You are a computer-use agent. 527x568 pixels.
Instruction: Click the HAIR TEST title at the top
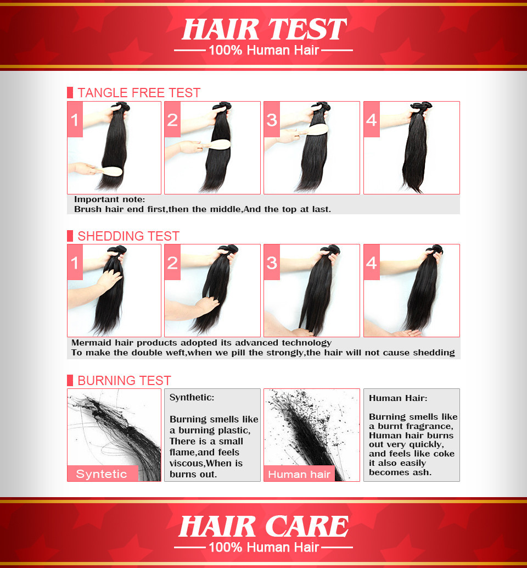pyautogui.click(x=264, y=29)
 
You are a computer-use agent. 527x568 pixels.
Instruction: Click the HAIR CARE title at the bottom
pyautogui.click(x=263, y=526)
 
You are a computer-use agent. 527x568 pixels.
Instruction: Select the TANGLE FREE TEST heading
pyautogui.click(x=139, y=93)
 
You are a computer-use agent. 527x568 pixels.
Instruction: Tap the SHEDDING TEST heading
pyautogui.click(x=128, y=236)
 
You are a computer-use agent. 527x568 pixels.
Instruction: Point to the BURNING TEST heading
pyautogui.click(x=124, y=380)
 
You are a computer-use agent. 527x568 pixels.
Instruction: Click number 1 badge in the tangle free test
pyautogui.click(x=75, y=119)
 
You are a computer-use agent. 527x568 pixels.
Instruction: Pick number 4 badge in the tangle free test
pyautogui.click(x=372, y=119)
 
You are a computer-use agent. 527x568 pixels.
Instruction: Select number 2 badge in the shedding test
pyautogui.click(x=173, y=262)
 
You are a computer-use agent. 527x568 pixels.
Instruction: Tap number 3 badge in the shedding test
pyautogui.click(x=272, y=262)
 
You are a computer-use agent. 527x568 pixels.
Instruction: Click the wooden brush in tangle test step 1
pyautogui.click(x=109, y=171)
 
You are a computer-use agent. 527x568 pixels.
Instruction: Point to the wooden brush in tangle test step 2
pyautogui.click(x=217, y=144)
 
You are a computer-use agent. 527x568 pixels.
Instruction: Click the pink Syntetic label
pyautogui.click(x=103, y=474)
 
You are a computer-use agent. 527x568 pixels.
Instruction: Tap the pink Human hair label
pyautogui.click(x=299, y=474)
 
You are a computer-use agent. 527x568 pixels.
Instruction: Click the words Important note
pyautogui.click(x=109, y=199)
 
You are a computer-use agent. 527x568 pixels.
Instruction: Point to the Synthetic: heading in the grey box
pyautogui.click(x=192, y=397)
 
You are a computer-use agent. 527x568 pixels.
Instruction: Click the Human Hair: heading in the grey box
pyautogui.click(x=398, y=398)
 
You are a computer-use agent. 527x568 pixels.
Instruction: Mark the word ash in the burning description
pyautogui.click(x=423, y=472)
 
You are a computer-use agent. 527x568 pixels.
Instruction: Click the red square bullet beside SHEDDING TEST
pyautogui.click(x=70, y=236)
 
